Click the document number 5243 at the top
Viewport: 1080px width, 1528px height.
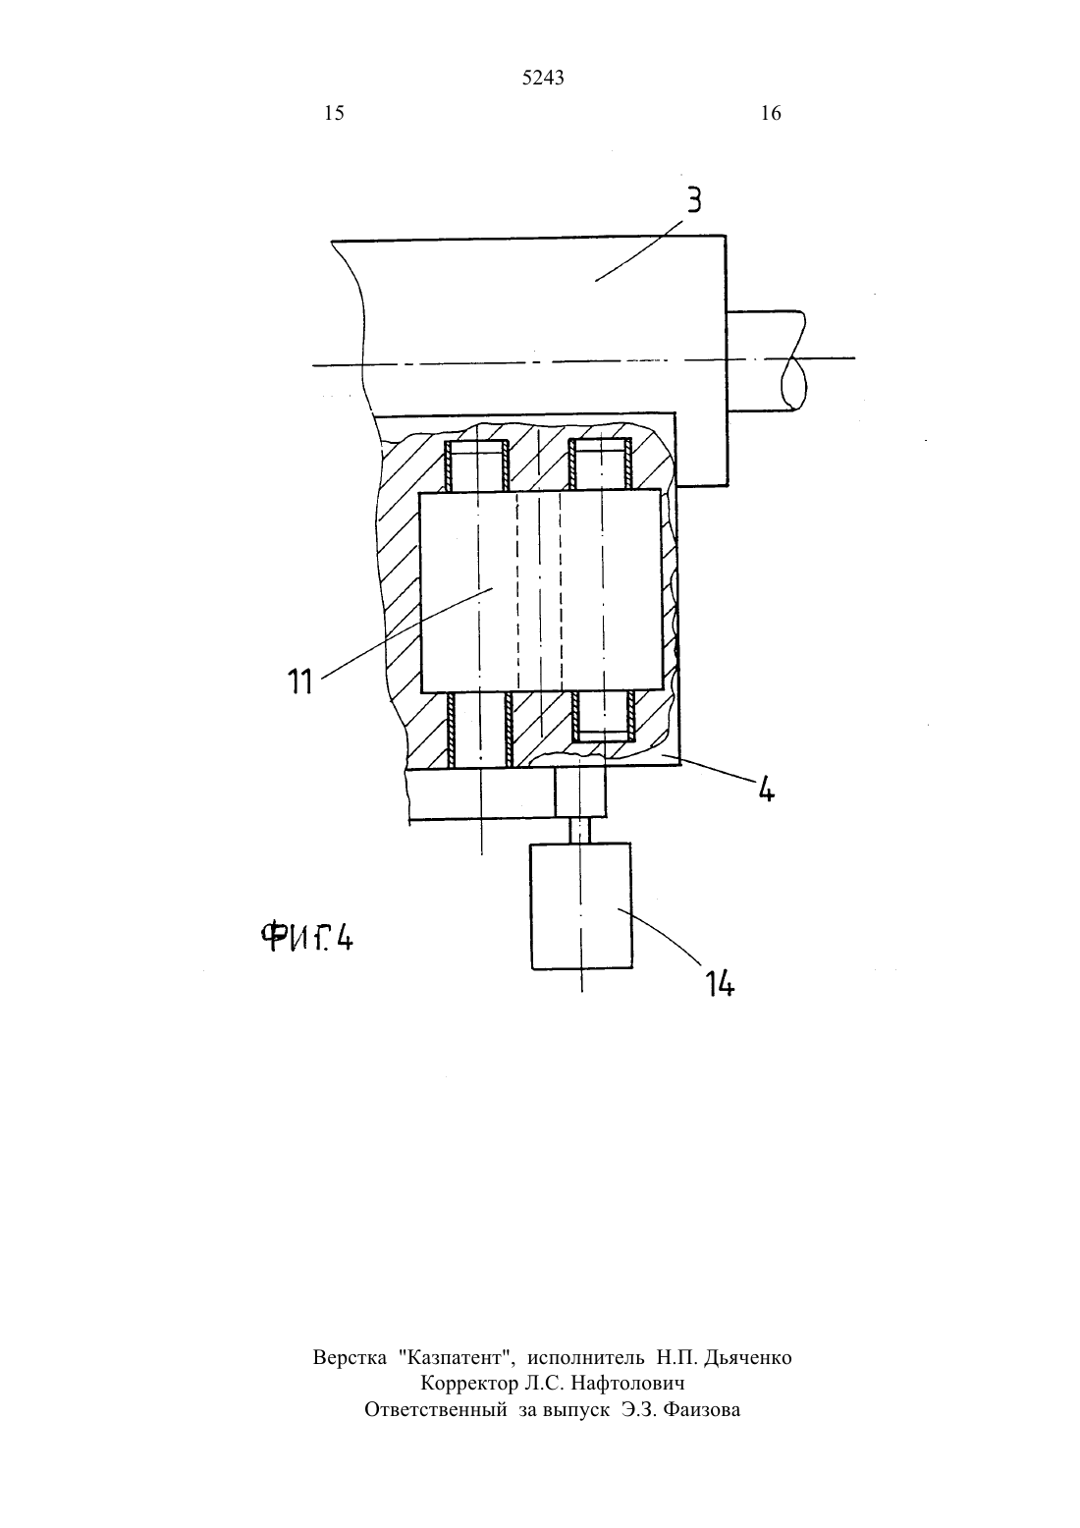coord(543,79)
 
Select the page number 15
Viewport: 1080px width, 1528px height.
coord(334,113)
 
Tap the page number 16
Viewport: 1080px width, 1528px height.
coord(771,113)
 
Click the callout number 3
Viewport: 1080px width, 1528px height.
coord(693,200)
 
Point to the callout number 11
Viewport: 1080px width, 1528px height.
coord(300,681)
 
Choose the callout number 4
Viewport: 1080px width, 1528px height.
coord(766,791)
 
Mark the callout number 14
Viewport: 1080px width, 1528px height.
coord(720,984)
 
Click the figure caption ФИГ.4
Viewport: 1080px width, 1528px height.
coord(307,937)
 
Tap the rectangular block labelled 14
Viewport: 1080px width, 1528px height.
coord(581,905)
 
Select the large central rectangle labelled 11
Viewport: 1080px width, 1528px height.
coord(541,591)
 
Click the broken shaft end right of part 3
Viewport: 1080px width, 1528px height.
coord(767,360)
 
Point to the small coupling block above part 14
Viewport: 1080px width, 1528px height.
coord(580,791)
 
